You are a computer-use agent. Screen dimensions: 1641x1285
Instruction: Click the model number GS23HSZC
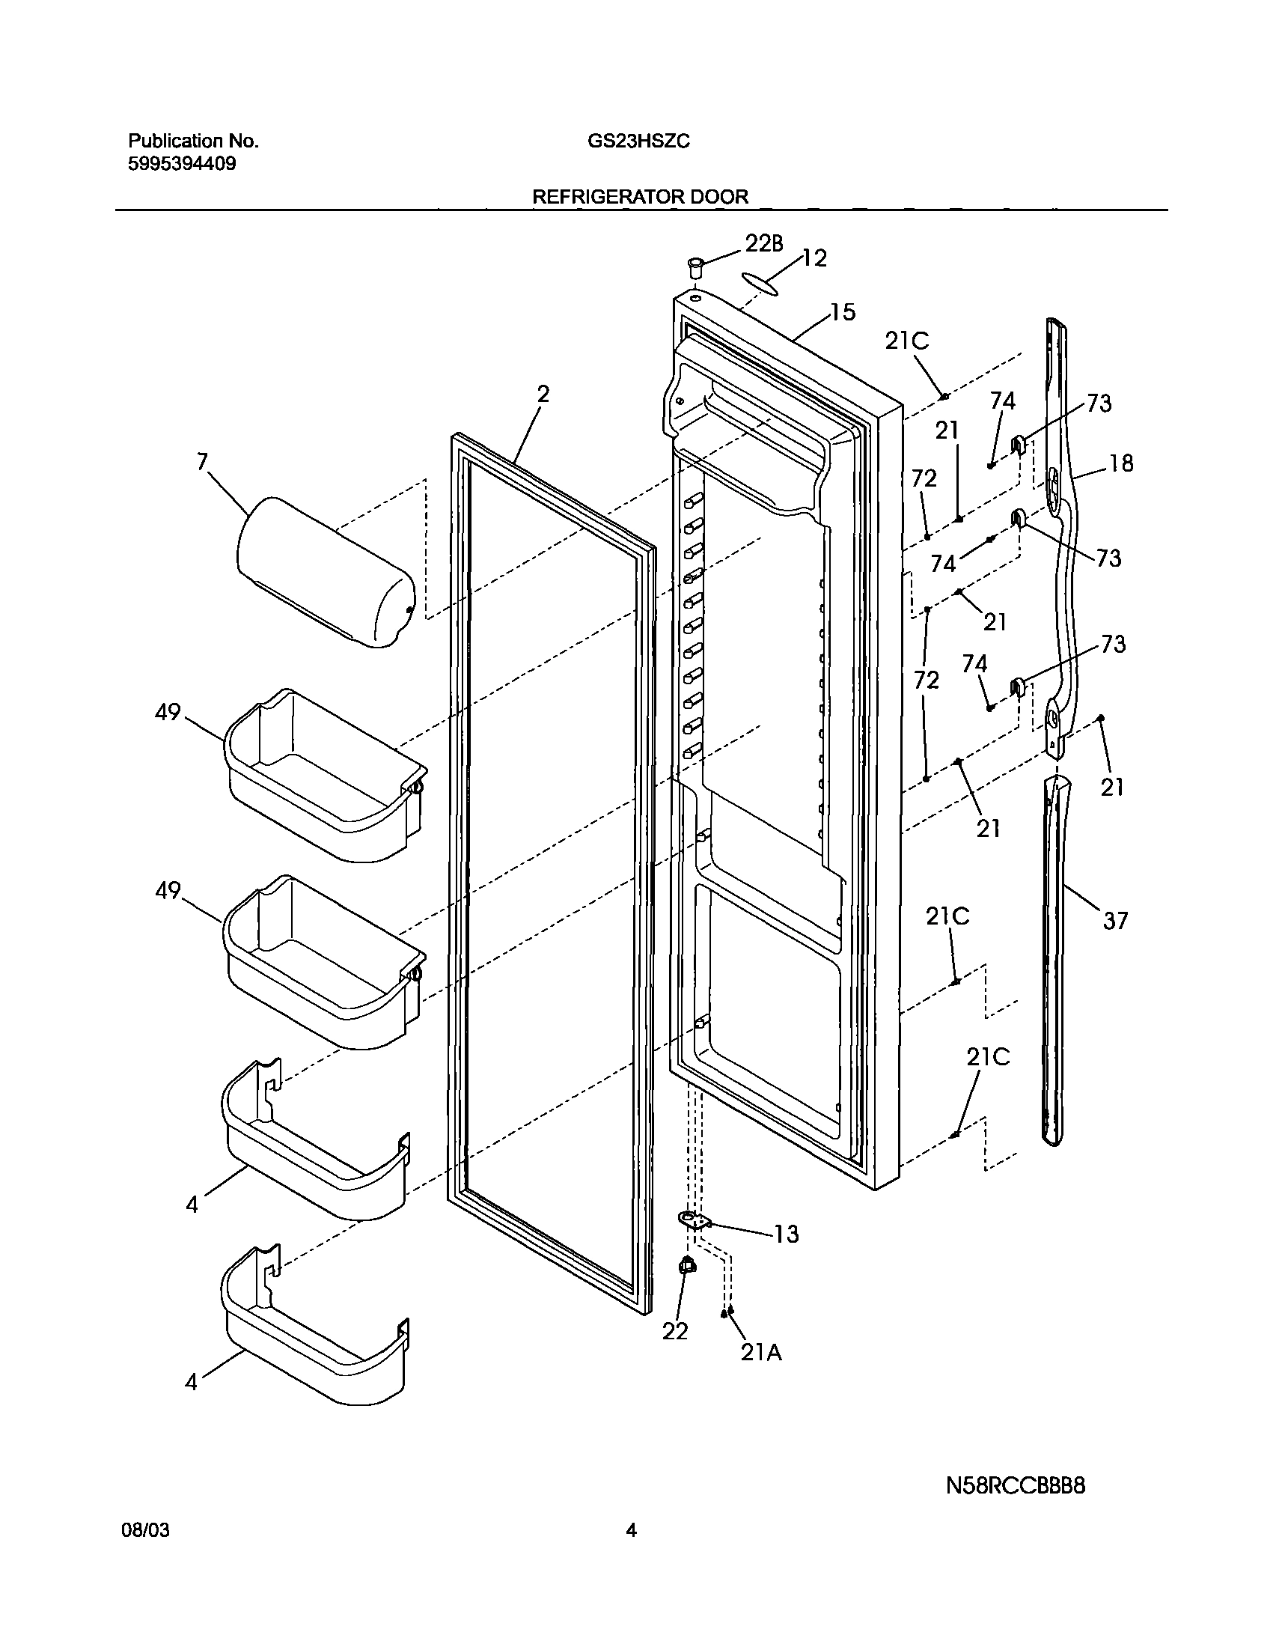(638, 141)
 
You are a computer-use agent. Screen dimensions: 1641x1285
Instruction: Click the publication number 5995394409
(182, 164)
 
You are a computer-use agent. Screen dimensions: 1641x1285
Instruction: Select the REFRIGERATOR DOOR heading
(640, 197)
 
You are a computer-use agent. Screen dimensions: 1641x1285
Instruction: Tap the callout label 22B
(763, 243)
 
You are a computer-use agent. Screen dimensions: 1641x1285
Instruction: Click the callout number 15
(843, 312)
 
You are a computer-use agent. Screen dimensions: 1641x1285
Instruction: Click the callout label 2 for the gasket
(543, 395)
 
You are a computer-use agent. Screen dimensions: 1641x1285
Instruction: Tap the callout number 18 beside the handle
(1120, 463)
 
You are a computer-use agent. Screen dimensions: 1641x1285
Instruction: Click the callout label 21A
(761, 1353)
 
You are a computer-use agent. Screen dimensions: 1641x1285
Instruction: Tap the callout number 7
(201, 461)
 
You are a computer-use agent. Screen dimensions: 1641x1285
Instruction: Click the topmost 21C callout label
(906, 341)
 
